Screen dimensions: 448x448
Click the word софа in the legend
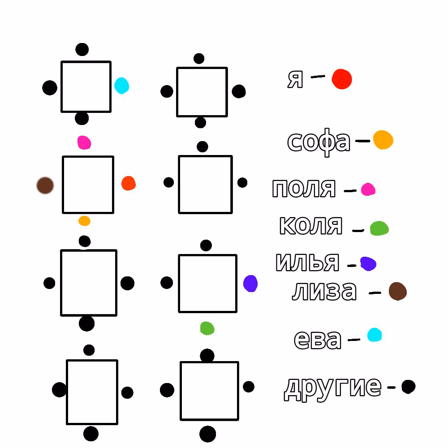pos(319,142)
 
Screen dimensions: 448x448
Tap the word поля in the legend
pos(304,189)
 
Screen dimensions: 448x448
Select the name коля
pos(311,225)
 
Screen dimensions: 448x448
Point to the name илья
pos(307,262)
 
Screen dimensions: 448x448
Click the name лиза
pos(324,291)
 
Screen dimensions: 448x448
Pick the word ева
pos(318,340)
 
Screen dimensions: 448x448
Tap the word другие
pos(332,388)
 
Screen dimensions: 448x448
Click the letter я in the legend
pos(295,79)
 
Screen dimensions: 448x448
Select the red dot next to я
pos(342,79)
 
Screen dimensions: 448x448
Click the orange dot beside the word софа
pos(383,140)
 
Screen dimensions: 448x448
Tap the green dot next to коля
pos(379,228)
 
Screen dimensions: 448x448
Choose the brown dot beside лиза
pos(398,291)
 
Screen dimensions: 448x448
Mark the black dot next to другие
pos(408,387)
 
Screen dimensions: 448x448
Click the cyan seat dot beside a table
pos(121,86)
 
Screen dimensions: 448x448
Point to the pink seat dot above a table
pos(84,142)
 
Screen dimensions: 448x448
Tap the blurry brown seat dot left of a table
pos(45,185)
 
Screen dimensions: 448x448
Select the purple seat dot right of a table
pos(250,284)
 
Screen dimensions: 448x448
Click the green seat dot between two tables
pos(207,328)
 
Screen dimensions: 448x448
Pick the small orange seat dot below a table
pos(84,221)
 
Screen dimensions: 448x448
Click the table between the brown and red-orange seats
pos(88,185)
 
